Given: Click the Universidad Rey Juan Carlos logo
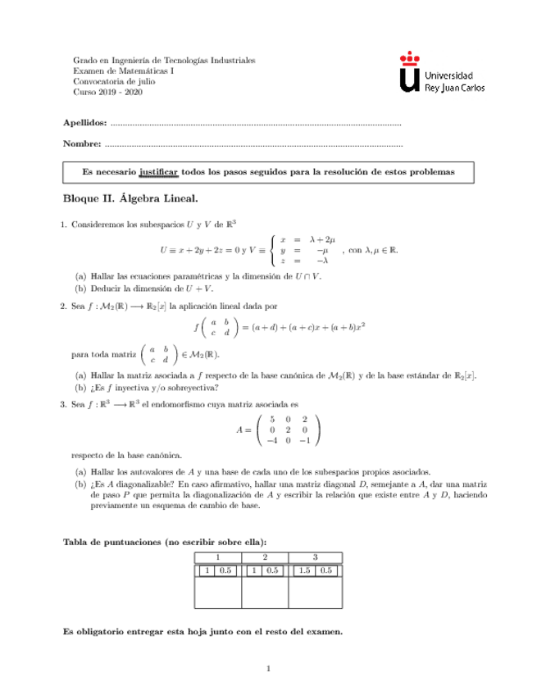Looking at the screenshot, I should [440, 73].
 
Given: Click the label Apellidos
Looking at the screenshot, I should [85, 123].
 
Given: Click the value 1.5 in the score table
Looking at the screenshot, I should [304, 570].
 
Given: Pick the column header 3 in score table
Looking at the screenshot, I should [315, 557].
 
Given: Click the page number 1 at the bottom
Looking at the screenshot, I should [268, 670].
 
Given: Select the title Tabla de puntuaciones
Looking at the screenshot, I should [165, 542].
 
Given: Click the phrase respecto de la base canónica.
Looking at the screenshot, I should [127, 455].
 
